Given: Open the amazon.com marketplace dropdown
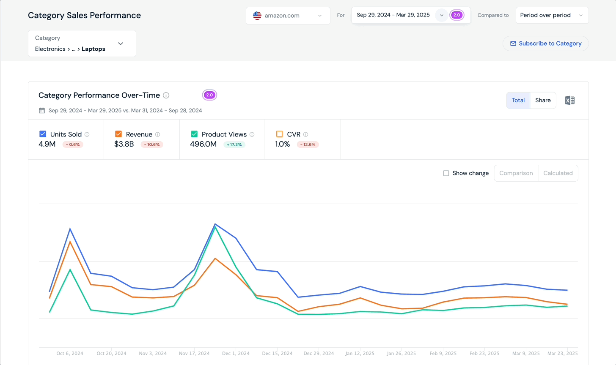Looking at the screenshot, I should [x=288, y=16].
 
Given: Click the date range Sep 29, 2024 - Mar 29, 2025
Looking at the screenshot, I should [x=393, y=15].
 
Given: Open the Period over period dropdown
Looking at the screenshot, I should [x=552, y=15].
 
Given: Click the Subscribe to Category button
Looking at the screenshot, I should [x=545, y=44].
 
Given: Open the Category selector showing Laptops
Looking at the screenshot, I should [x=82, y=44].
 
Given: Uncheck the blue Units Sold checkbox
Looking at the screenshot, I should [x=43, y=134].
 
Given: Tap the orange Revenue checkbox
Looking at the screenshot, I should [x=118, y=134].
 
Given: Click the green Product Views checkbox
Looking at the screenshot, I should [x=194, y=134].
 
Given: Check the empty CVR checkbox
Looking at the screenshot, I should [x=279, y=134].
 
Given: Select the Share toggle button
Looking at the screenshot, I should [x=543, y=100].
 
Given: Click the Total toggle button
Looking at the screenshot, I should [x=518, y=100].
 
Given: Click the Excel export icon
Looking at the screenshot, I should [x=569, y=100].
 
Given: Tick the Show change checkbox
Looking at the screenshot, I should [x=446, y=173].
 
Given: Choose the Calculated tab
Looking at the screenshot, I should [x=558, y=173].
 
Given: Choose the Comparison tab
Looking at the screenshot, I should [x=516, y=173].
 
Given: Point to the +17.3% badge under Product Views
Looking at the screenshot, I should [x=234, y=144].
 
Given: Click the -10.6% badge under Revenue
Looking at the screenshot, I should [x=152, y=144].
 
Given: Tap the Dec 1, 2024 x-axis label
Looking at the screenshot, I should [x=236, y=353].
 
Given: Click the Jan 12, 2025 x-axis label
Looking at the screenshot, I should [x=360, y=353].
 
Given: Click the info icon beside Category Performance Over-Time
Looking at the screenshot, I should [x=166, y=95].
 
